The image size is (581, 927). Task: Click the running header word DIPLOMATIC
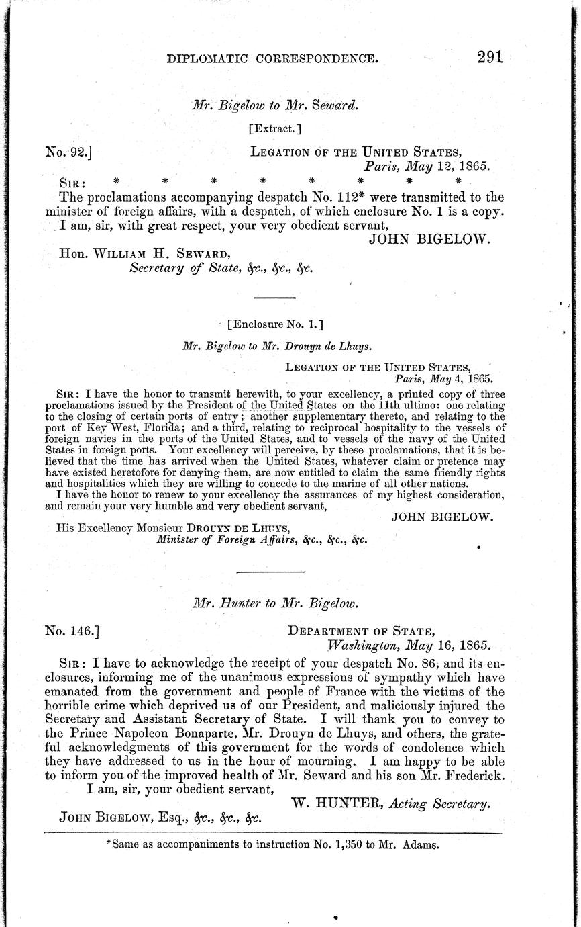click(205, 59)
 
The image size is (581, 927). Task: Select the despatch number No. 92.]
click(68, 152)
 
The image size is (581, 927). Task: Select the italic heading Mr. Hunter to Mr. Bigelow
click(275, 603)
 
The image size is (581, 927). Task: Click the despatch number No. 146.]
click(72, 631)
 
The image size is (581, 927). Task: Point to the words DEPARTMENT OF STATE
click(361, 631)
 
